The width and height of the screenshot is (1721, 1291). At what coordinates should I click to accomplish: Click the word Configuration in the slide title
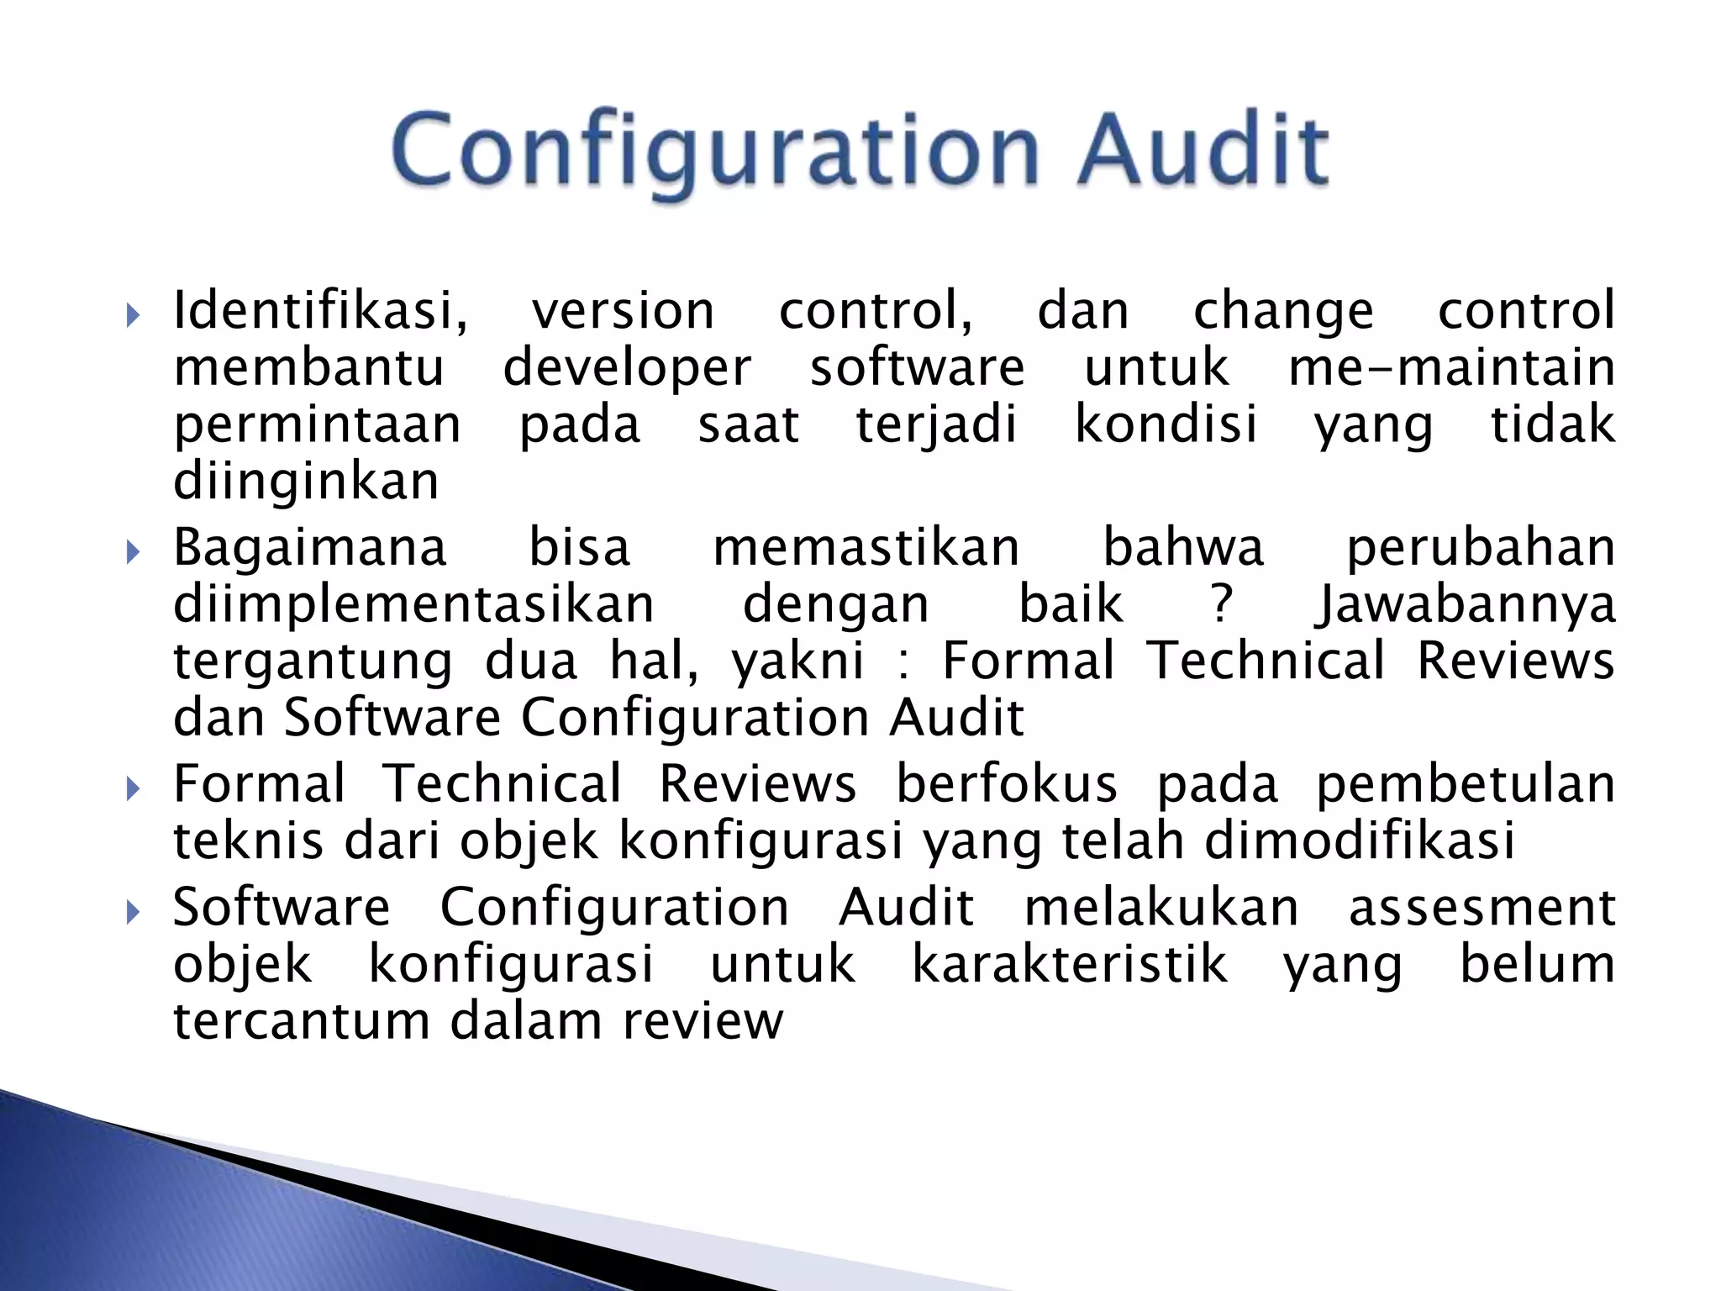pyautogui.click(x=715, y=151)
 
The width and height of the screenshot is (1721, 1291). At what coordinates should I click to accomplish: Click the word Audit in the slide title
pyautogui.click(x=1203, y=151)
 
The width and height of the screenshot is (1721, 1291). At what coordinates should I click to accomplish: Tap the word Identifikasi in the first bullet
pyautogui.click(x=320, y=310)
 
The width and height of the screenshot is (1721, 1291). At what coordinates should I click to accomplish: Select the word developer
pyautogui.click(x=627, y=368)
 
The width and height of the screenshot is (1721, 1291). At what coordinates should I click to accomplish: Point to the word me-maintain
pyautogui.click(x=1451, y=367)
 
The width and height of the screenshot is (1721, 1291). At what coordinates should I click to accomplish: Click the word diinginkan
pyautogui.click(x=306, y=481)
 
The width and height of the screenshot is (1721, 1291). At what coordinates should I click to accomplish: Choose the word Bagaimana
pyautogui.click(x=310, y=547)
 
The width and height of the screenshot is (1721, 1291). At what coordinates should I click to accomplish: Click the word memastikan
pyautogui.click(x=866, y=547)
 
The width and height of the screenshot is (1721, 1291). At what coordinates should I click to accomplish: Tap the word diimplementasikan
pyautogui.click(x=413, y=604)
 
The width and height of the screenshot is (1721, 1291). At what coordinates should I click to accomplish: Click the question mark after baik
pyautogui.click(x=1222, y=604)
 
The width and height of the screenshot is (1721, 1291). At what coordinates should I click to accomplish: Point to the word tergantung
pyautogui.click(x=313, y=661)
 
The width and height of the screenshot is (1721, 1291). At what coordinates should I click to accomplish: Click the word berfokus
pyautogui.click(x=1006, y=784)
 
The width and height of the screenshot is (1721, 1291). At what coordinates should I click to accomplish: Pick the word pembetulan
pyautogui.click(x=1465, y=784)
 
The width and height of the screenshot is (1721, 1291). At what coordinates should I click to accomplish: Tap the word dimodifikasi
pyautogui.click(x=1360, y=840)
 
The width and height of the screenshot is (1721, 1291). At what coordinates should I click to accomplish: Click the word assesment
pyautogui.click(x=1482, y=907)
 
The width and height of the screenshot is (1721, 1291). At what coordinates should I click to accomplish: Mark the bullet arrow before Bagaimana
pyautogui.click(x=132, y=552)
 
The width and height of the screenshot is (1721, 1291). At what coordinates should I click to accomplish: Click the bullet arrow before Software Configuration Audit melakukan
pyautogui.click(x=132, y=912)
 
